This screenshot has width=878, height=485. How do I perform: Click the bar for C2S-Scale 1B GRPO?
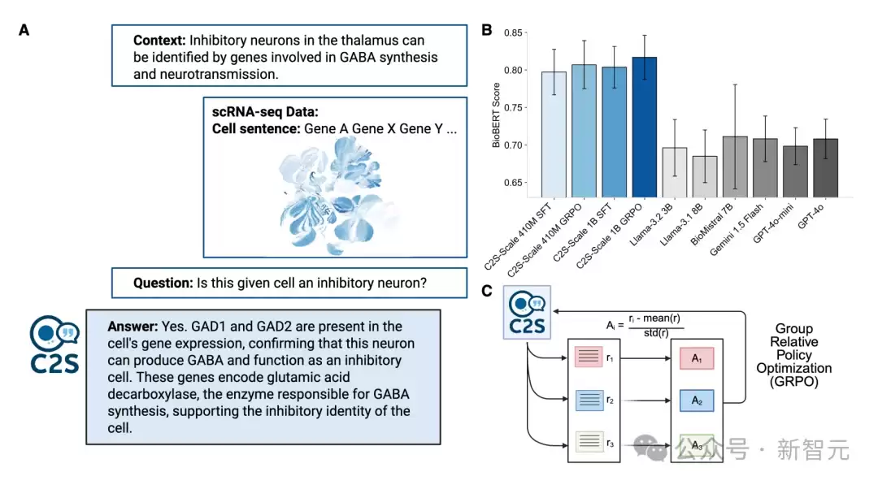pos(644,127)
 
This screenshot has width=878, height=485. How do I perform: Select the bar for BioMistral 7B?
pos(735,167)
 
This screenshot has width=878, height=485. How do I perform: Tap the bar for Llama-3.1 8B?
pos(704,177)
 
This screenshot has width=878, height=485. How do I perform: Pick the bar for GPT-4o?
pos(825,168)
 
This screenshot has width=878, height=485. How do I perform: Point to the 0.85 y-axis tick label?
pos(513,33)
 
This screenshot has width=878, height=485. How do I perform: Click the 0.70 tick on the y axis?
pos(513,145)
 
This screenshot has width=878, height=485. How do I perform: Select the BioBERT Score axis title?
pos(496,115)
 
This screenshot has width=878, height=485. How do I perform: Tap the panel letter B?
pos(487,30)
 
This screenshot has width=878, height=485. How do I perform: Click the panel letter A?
pos(24,30)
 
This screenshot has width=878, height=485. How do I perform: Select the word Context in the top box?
pos(159,41)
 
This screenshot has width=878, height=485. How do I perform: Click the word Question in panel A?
pos(163,283)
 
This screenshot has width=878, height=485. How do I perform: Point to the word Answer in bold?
pos(133,326)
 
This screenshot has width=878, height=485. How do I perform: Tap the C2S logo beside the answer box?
pos(54,344)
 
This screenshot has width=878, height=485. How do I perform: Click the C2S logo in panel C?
pos(527,312)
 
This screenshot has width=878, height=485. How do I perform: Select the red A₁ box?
pos(697,358)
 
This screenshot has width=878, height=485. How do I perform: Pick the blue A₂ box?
pos(697,401)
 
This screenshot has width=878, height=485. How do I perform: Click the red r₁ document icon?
pos(589,357)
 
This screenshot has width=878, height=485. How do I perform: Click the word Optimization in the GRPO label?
pos(794,368)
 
